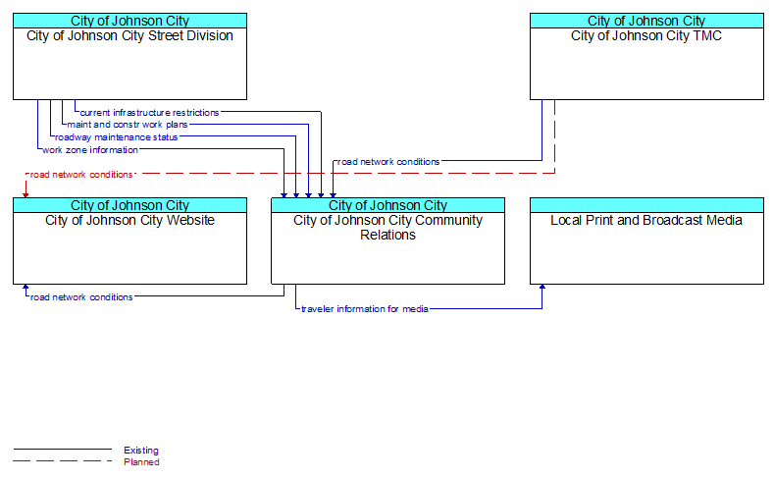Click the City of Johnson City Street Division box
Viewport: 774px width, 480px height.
(x=129, y=56)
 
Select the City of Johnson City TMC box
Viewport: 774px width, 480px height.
(x=646, y=56)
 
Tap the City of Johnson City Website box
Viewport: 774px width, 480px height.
(x=129, y=241)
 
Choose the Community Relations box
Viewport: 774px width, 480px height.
(x=388, y=241)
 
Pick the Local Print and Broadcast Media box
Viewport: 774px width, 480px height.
(x=646, y=241)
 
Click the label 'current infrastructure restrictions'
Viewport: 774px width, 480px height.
(x=149, y=113)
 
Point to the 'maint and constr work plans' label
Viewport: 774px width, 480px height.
(x=128, y=125)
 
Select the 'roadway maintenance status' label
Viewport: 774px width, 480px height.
(x=116, y=137)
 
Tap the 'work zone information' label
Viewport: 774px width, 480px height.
(x=90, y=150)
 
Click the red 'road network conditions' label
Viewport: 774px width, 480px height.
(x=81, y=175)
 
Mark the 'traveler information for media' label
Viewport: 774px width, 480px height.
(x=365, y=309)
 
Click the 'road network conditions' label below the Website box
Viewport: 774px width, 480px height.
(x=81, y=297)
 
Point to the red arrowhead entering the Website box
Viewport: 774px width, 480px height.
(x=26, y=195)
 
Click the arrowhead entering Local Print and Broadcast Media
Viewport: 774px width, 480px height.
(x=542, y=287)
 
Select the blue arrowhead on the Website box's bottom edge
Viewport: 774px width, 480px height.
(x=26, y=287)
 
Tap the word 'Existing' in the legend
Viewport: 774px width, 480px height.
(x=141, y=451)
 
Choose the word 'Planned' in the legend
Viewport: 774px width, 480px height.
(x=141, y=462)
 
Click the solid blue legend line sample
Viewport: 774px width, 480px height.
(x=63, y=450)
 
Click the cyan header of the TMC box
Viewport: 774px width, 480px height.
(x=646, y=21)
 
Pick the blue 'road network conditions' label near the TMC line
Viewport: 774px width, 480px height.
(x=388, y=162)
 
